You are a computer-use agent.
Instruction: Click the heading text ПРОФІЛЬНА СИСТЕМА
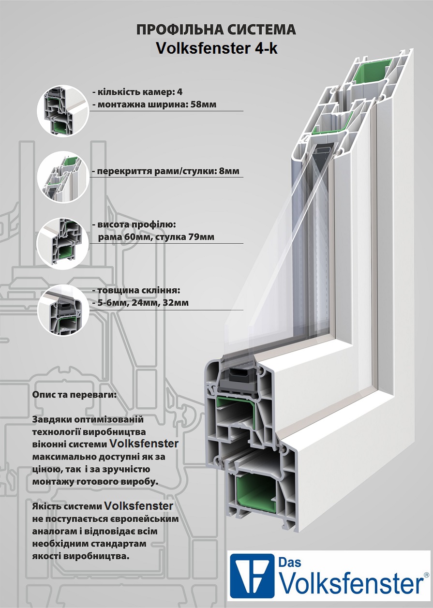(216, 30)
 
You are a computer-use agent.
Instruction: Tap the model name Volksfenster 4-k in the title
(216, 48)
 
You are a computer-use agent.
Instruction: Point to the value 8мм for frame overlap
(227, 171)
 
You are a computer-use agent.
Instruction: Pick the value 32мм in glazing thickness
(177, 303)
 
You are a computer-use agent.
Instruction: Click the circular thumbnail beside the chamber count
(62, 110)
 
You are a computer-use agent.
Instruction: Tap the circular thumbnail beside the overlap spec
(62, 177)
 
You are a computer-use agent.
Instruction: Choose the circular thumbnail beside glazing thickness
(62, 310)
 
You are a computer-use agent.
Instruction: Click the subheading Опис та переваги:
(74, 395)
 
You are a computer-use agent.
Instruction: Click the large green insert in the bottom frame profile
(256, 494)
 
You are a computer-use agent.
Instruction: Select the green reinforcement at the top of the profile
(374, 73)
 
